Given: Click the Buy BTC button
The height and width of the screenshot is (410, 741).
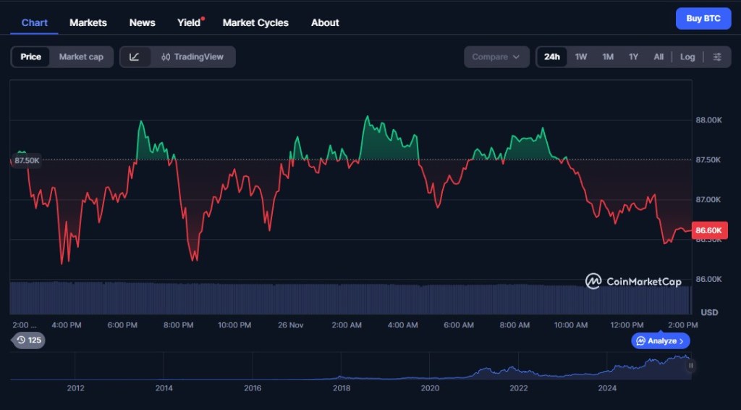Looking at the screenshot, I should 703,19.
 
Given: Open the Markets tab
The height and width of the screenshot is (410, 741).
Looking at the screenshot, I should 88,22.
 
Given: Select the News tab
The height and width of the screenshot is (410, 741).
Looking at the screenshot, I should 142,22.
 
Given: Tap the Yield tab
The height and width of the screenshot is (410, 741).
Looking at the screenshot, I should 189,22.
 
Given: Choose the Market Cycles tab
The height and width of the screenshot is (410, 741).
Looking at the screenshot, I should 255,22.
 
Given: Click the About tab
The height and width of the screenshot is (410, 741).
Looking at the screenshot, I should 325,22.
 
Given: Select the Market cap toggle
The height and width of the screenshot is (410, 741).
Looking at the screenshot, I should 81,57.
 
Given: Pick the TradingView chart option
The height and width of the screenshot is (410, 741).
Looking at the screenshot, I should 193,57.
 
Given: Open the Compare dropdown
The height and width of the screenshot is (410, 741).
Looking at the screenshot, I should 496,57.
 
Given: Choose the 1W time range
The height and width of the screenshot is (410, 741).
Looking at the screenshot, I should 581,57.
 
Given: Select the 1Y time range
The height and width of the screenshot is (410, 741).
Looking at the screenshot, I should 633,57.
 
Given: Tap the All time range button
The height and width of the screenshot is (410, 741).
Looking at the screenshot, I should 659,57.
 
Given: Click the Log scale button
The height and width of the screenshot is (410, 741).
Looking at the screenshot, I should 687,57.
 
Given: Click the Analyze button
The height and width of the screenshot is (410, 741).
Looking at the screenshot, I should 661,340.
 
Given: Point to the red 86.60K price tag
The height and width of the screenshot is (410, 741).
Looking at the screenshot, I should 709,230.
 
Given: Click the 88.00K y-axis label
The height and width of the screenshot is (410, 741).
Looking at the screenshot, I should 708,120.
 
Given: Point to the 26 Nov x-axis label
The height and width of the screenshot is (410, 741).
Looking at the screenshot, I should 291,325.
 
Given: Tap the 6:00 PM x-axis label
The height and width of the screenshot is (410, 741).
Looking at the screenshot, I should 122,325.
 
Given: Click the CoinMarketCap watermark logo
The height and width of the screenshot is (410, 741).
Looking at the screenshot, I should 633,281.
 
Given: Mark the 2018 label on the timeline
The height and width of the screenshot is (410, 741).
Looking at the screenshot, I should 342,388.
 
